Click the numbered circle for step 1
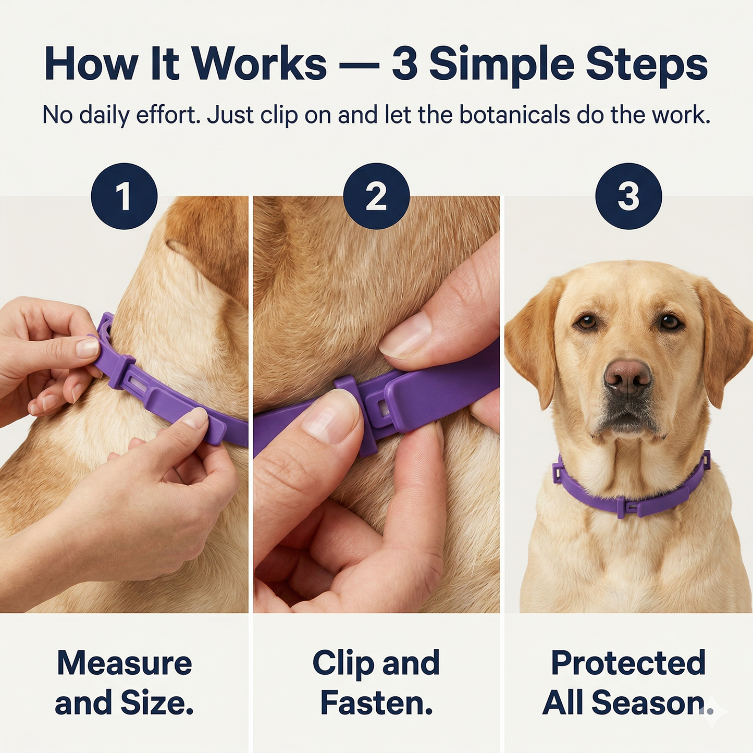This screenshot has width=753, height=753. coord(124,196)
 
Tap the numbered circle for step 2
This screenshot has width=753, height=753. coord(376,196)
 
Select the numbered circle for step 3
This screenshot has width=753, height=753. coord(628,196)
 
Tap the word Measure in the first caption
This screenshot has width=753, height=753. coord(125,663)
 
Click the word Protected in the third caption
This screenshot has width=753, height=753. coord(628,663)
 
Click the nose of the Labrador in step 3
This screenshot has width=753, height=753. coord(628,378)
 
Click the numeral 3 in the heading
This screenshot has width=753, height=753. coord(405,64)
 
